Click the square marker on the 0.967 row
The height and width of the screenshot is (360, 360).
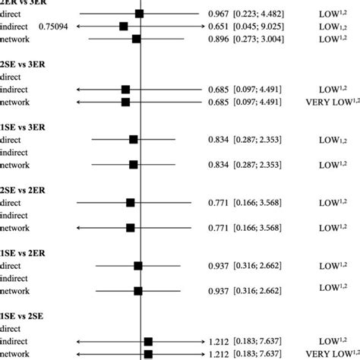[x=139, y=14]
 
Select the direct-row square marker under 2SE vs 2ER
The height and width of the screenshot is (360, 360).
[x=131, y=202]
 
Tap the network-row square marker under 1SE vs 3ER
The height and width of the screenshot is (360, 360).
[x=134, y=164]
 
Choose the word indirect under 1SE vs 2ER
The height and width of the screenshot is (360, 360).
[x=16, y=278]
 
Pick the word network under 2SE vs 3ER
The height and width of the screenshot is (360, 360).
[x=16, y=102]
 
